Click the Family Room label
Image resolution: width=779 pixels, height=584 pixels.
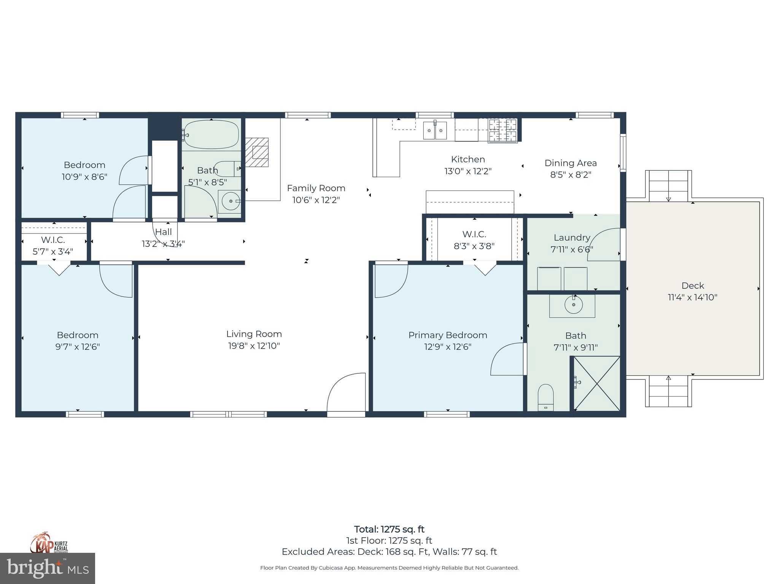(x=316, y=188)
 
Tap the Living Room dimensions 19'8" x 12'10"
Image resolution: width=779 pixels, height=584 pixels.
(x=254, y=346)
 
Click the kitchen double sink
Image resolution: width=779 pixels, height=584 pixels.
(x=435, y=130)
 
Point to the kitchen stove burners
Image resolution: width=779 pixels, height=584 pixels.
(x=502, y=130)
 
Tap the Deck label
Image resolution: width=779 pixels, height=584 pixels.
(x=692, y=286)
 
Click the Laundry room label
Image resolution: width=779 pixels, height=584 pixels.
(x=572, y=238)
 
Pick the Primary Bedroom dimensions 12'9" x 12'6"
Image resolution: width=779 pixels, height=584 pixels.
(x=448, y=347)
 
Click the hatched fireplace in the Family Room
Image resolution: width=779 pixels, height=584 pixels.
(x=257, y=152)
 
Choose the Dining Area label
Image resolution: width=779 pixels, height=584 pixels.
(x=570, y=163)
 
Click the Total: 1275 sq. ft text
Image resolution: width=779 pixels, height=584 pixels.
(x=389, y=529)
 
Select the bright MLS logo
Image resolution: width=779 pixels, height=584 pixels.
(x=47, y=568)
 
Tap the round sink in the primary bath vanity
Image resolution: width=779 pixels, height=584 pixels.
(x=573, y=305)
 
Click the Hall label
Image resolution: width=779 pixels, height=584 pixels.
(x=164, y=232)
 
